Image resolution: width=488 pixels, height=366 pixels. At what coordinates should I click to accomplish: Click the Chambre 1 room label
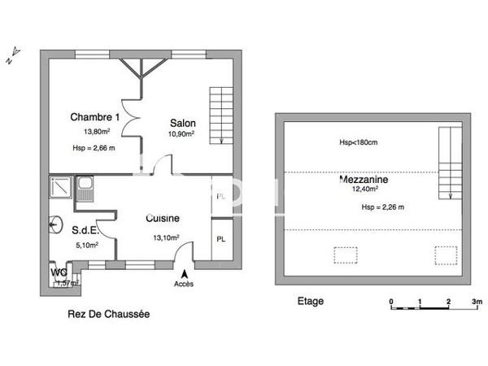pos(95,116)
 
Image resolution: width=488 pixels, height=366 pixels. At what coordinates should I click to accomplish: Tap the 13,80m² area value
pos(95,130)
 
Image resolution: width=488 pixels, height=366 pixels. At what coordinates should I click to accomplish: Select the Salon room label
pos(183,123)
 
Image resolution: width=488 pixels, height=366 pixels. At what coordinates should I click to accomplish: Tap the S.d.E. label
pos(85,230)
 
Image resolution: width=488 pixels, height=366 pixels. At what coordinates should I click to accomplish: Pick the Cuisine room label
pos(162,218)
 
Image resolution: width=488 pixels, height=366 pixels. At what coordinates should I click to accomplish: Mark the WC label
pos(59,272)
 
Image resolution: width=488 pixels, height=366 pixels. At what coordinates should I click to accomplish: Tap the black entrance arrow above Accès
pos(185,274)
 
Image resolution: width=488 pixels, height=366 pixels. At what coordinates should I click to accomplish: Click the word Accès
pos(185,285)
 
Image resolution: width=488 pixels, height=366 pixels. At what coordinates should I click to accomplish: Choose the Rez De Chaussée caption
pos(107,313)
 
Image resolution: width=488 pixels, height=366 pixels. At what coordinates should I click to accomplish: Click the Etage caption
pos(309,301)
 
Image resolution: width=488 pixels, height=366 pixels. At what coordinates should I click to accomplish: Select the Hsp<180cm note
pos(359,144)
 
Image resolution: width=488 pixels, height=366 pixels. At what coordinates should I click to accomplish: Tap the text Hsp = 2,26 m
pos(382,207)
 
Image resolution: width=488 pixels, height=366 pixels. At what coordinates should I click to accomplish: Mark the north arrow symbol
pos(11,59)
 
